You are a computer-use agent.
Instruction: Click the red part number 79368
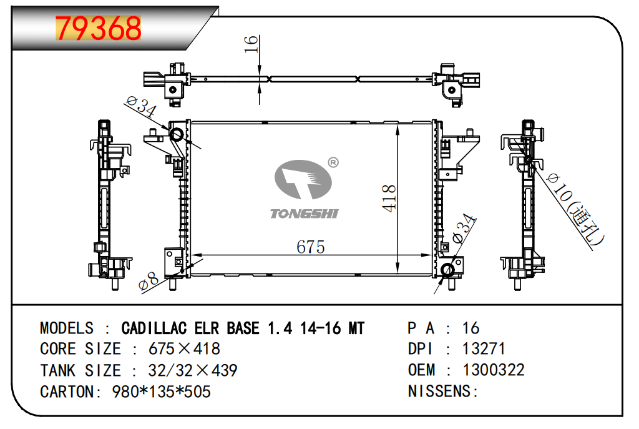pos(99,28)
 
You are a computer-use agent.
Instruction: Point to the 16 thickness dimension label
pos(251,44)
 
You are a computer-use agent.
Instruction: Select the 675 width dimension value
pos(310,247)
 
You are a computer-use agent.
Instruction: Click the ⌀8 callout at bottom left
pos(149,282)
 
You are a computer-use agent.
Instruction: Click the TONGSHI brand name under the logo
pos(304,214)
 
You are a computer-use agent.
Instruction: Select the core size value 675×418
pos(184,349)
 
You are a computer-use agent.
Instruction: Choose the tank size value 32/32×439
pos(192,370)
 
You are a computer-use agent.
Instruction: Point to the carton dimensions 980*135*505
pos(161,392)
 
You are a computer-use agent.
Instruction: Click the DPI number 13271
pos(484,349)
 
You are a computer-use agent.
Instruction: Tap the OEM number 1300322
pos(493,370)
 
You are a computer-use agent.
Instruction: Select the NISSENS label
pos(442,392)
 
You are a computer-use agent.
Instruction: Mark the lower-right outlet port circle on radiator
pos(447,270)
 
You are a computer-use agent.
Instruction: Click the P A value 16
pos(471,328)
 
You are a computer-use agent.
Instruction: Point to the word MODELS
pos(67,328)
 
